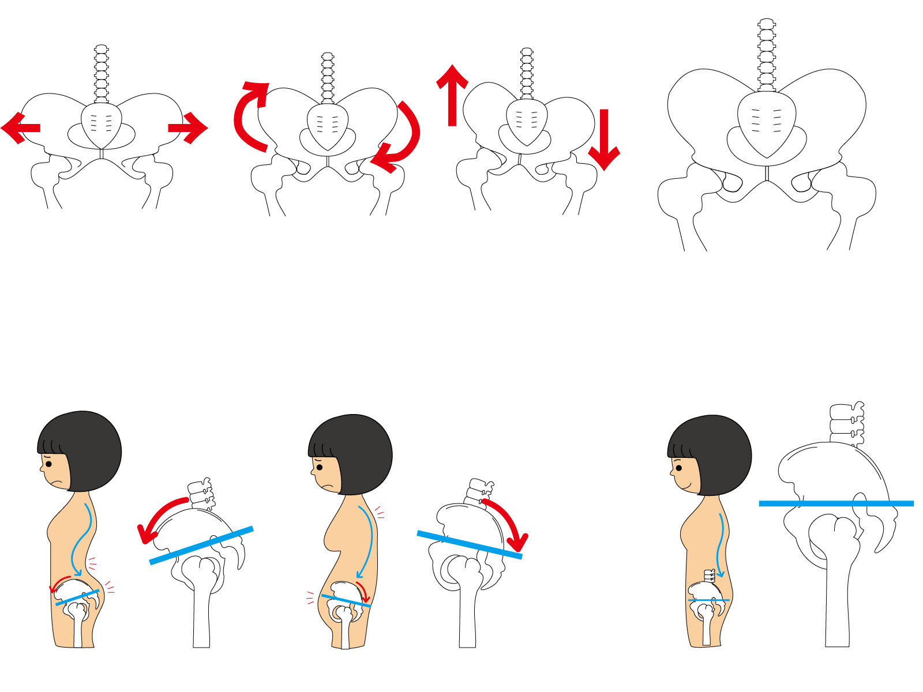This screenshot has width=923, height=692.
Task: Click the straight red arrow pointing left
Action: click(x=21, y=128)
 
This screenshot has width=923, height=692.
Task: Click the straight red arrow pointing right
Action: click(x=188, y=127)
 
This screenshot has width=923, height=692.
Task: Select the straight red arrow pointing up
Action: click(x=452, y=95)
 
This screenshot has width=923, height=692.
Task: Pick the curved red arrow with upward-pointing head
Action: click(x=248, y=115)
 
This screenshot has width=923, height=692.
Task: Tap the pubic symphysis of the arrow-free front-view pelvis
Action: click(x=767, y=174)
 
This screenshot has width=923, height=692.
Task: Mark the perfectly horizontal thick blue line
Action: click(x=836, y=503)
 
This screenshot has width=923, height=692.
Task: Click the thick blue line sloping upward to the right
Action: click(x=201, y=545)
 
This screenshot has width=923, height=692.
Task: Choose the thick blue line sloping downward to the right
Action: click(x=469, y=544)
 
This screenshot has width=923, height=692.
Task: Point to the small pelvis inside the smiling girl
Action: click(x=707, y=594)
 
